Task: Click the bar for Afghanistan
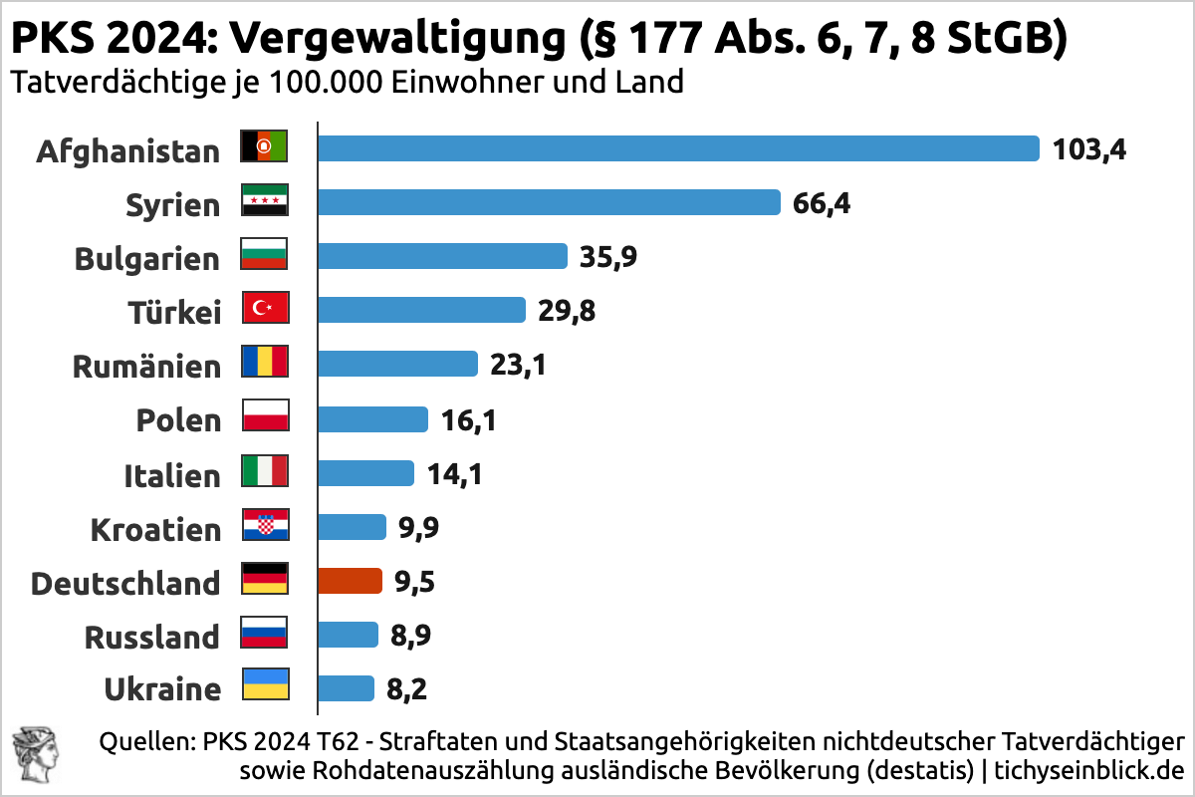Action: [x=677, y=148]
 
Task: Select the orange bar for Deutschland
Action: [x=350, y=581]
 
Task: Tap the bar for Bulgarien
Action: [x=442, y=256]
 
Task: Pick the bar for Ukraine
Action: [x=346, y=688]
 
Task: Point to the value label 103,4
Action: [x=1089, y=149]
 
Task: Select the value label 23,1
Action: [x=518, y=365]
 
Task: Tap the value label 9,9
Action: [x=418, y=527]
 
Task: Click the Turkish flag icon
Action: [x=265, y=309]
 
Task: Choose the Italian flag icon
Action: [x=265, y=470]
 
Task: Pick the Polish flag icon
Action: [x=265, y=416]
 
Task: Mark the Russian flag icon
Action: [x=265, y=633]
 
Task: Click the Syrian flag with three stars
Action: [x=265, y=201]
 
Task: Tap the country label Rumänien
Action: [x=146, y=367]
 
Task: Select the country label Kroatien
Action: [x=155, y=529]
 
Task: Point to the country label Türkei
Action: [x=174, y=313]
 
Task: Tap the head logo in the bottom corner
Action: [x=34, y=754]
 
